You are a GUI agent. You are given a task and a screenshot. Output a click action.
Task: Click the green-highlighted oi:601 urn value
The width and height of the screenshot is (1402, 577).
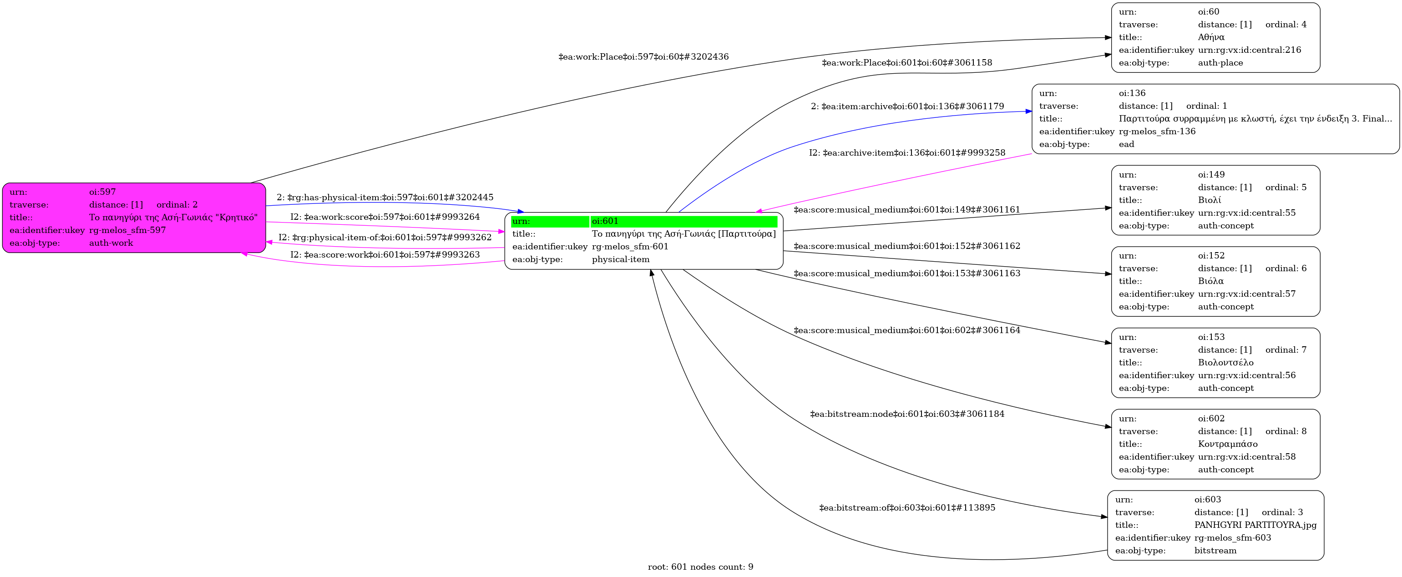click(605, 221)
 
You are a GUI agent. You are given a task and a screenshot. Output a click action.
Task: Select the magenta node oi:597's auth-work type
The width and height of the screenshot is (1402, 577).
click(111, 243)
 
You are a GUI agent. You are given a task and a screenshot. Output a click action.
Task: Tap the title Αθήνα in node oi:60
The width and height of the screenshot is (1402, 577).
click(1211, 37)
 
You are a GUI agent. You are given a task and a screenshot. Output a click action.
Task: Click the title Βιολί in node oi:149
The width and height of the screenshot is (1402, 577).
click(1210, 200)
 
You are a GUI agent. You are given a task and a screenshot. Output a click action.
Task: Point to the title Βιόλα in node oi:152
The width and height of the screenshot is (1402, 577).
click(1210, 281)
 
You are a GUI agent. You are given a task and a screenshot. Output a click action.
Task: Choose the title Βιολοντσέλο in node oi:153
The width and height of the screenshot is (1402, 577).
click(1225, 363)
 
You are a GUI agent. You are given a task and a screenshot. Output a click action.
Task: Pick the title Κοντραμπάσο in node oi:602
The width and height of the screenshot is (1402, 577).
click(1227, 444)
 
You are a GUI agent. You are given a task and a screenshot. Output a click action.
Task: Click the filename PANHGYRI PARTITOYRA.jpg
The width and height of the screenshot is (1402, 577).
click(1255, 525)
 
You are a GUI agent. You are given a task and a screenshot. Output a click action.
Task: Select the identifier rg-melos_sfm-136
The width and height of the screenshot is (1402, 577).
click(1157, 131)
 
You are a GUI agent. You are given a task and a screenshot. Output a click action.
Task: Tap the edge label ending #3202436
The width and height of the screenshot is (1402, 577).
click(643, 56)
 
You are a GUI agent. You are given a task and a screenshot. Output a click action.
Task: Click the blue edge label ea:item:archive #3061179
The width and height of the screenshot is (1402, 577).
click(907, 106)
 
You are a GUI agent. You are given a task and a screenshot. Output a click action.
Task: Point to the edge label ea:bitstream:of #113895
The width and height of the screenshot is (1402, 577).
click(907, 507)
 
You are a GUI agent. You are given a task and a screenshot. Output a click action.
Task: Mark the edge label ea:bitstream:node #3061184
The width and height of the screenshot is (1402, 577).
click(907, 414)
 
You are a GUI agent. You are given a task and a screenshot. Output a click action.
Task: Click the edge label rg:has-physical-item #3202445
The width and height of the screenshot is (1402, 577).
click(385, 197)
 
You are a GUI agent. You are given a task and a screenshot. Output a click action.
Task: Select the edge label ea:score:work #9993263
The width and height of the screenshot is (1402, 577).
click(385, 254)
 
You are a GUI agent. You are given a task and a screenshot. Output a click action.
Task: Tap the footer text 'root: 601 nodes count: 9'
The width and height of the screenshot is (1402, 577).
click(700, 567)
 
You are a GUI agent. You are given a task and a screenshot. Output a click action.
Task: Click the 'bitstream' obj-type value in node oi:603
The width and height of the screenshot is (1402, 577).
click(1215, 550)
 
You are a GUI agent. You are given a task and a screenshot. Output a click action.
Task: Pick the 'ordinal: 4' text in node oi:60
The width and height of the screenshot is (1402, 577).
click(1286, 25)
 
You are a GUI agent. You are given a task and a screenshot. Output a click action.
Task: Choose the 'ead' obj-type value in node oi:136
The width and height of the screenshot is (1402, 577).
click(1126, 144)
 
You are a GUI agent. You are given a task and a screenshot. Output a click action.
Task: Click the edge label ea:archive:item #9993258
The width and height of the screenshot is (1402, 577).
click(907, 152)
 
